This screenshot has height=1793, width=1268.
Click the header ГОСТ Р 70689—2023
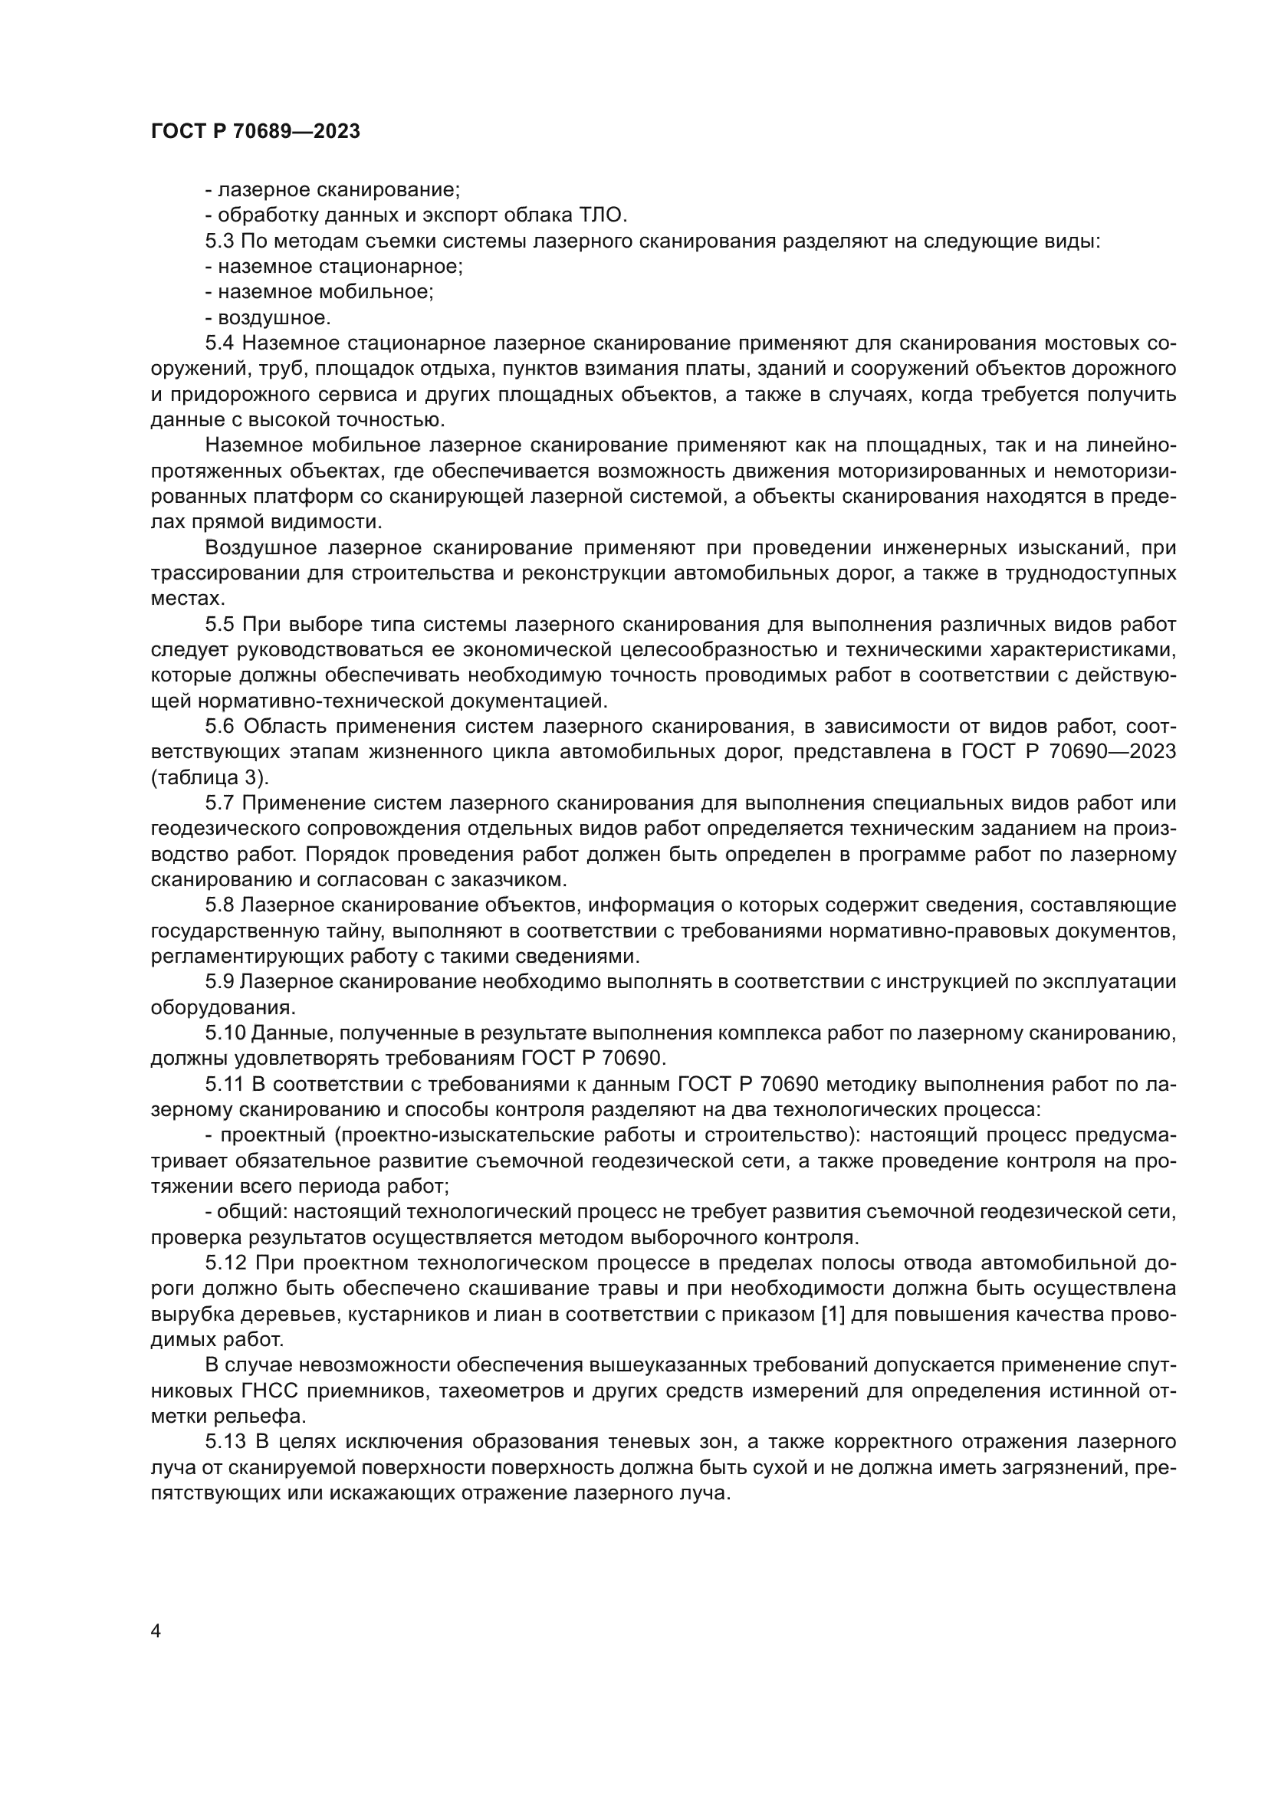[x=255, y=131]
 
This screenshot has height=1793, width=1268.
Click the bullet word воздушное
[x=274, y=318]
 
